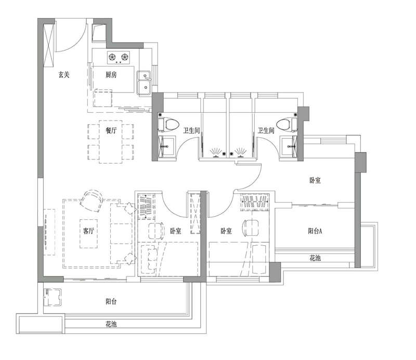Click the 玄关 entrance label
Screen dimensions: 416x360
[x=64, y=75]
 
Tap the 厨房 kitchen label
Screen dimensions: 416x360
[x=111, y=75]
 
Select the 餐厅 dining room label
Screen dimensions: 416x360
[x=111, y=130]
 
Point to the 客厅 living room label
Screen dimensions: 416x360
[x=88, y=231]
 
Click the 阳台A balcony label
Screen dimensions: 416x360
[x=315, y=231]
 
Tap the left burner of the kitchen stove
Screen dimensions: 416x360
[x=112, y=57]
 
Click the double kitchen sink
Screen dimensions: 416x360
[x=144, y=83]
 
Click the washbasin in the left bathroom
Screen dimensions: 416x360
[x=166, y=146]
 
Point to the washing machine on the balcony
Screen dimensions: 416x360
[x=53, y=297]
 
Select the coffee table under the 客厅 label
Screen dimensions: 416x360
[x=88, y=233]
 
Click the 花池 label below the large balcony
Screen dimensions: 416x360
[x=111, y=324]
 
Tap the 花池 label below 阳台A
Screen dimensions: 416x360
[x=315, y=258]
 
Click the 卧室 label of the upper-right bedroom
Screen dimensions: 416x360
[x=315, y=180]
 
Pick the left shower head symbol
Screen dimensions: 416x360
[x=216, y=152]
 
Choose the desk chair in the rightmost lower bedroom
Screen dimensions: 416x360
[x=251, y=228]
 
